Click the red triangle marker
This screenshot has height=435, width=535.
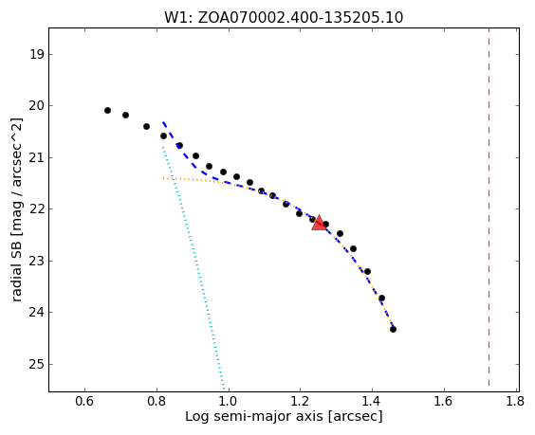[319, 223]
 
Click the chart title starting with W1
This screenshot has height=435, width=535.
[284, 17]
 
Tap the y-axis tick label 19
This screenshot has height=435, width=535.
[36, 54]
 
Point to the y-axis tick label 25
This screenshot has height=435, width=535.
[36, 365]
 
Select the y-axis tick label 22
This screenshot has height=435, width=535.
[36, 209]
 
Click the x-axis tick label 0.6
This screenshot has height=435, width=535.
[84, 401]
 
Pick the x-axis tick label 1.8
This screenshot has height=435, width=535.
[515, 401]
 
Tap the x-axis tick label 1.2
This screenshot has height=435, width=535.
[300, 401]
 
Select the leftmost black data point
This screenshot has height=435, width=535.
[107, 110]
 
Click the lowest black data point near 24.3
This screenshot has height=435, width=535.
[393, 329]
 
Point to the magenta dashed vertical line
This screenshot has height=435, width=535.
[489, 208]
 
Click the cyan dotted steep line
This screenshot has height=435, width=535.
[194, 267]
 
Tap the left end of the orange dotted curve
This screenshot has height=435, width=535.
[163, 178]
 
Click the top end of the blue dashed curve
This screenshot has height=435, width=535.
[163, 121]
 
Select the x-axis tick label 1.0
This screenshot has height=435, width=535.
[229, 401]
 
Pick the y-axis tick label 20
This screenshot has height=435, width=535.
[36, 106]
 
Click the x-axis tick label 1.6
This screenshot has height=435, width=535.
[444, 401]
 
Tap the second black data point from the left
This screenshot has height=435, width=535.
[125, 115]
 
